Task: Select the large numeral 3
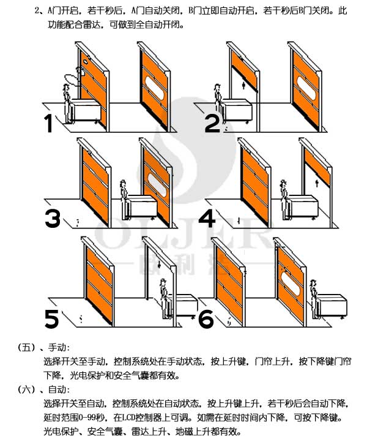pyautogui.click(x=53, y=219)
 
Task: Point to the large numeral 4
pyautogui.click(x=208, y=219)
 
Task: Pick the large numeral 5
pyautogui.click(x=53, y=318)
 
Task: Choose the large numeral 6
pyautogui.click(x=207, y=318)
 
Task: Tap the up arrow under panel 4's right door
pyautogui.click(x=316, y=181)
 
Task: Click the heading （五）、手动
pyautogui.click(x=40, y=348)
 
